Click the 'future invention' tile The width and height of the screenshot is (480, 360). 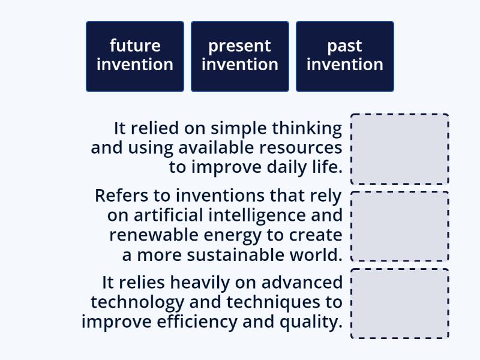pos(135,56)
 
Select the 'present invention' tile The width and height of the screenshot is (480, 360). pos(240,56)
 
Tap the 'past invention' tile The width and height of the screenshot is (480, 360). pos(345,56)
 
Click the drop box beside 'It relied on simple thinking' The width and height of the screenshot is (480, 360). pos(400,149)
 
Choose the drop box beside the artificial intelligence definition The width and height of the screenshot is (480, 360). pos(400,226)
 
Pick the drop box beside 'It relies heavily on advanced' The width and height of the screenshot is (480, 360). pos(400,304)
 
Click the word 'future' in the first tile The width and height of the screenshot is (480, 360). pos(135,46)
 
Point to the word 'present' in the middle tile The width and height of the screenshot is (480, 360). pos(239,46)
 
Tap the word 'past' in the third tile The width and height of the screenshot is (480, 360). pos(344,46)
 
